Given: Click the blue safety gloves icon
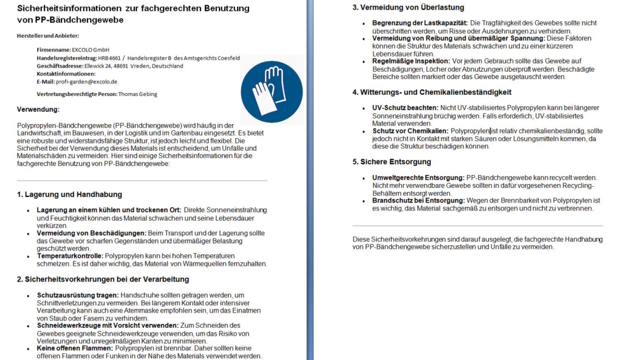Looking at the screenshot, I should point(271,91).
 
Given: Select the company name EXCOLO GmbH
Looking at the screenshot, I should point(90,50).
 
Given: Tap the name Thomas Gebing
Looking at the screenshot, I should point(137,94).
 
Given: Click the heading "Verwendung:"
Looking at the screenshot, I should point(38,109).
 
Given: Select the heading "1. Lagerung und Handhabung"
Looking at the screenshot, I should point(69,195).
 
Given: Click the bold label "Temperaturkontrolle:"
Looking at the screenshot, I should point(70,256).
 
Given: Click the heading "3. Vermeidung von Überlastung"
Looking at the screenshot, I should point(408,8).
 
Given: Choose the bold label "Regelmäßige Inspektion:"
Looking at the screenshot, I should point(411,61).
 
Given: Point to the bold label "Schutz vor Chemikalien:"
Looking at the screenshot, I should point(410,131).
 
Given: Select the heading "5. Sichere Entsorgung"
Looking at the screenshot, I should point(391,162).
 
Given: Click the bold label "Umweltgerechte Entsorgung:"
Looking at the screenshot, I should point(418,178).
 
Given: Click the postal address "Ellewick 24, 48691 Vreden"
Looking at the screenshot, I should point(142,66).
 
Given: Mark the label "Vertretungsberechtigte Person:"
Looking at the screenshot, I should point(76,94).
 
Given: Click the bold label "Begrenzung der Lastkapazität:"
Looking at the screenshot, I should point(420,22).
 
